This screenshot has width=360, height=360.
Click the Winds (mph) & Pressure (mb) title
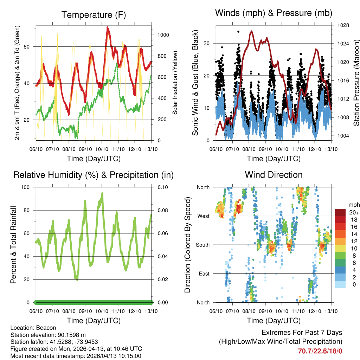click(274, 13)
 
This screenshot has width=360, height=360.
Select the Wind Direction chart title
click(274, 175)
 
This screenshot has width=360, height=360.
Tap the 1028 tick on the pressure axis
click(341, 25)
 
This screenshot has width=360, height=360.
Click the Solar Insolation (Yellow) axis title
click(175, 83)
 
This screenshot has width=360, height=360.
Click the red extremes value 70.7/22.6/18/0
click(320, 351)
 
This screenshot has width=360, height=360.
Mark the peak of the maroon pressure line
click(251, 31)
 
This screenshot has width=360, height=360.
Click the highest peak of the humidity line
click(102, 193)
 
